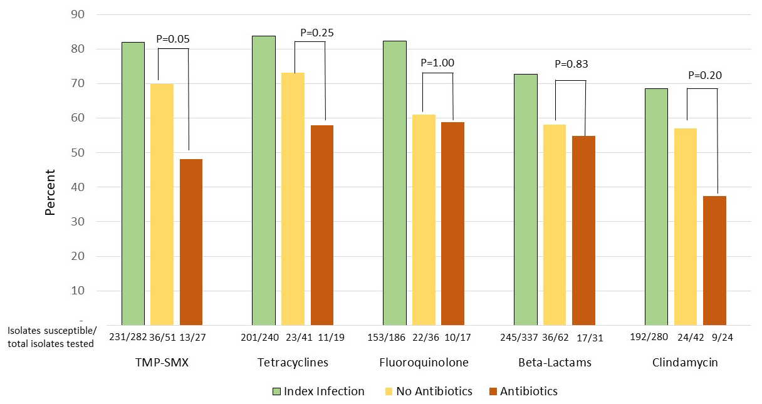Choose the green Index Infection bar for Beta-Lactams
pyautogui.click(x=526, y=200)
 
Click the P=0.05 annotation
pyautogui.click(x=173, y=39)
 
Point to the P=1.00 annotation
pyautogui.click(x=437, y=63)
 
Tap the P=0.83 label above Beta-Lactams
pyautogui.click(x=571, y=64)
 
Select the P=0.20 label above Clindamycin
pyautogui.click(x=705, y=75)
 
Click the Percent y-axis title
pyautogui.click(x=50, y=192)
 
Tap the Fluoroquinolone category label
pyautogui.click(x=424, y=363)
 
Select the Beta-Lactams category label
pyautogui.click(x=555, y=363)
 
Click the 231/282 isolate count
pyautogui.click(x=127, y=337)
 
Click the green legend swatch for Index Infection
pyautogui.click(x=276, y=391)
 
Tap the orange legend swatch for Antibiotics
pyautogui.click(x=492, y=391)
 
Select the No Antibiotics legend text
pyautogui.click(x=434, y=391)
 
